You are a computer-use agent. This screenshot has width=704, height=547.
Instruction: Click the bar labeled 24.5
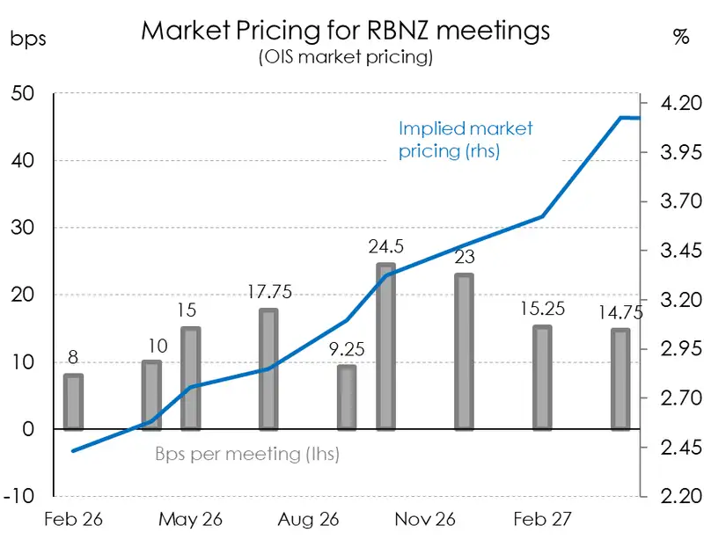tap(385, 347)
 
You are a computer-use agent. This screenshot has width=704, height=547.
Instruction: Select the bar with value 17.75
tap(268, 369)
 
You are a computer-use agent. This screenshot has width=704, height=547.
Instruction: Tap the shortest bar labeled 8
tap(73, 403)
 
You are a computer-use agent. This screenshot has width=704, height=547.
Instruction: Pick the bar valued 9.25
tap(347, 397)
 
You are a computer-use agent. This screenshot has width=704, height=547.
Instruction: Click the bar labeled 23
tap(464, 352)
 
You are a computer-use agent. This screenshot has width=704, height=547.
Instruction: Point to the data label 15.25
tap(542, 310)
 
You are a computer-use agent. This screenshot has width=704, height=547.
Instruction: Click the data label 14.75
tap(620, 312)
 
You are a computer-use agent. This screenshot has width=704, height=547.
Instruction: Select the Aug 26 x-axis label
tap(308, 520)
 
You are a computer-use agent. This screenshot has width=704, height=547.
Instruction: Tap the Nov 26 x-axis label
tap(425, 520)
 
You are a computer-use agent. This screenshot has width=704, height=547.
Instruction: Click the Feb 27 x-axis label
tap(542, 520)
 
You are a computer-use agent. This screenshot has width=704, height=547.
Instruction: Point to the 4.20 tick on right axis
tap(674, 104)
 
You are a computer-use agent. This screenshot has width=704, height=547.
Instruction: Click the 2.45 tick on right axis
tap(674, 449)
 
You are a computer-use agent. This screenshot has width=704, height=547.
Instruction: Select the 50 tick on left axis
tap(24, 94)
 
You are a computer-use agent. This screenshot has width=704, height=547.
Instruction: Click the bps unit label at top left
tap(28, 38)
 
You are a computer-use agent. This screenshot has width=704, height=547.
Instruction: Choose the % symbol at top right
tap(680, 37)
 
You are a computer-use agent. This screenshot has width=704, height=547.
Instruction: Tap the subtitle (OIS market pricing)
tap(345, 58)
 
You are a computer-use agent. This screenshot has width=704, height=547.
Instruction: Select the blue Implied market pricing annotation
tap(466, 139)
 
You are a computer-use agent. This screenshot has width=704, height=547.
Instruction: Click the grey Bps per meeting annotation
tap(247, 455)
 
